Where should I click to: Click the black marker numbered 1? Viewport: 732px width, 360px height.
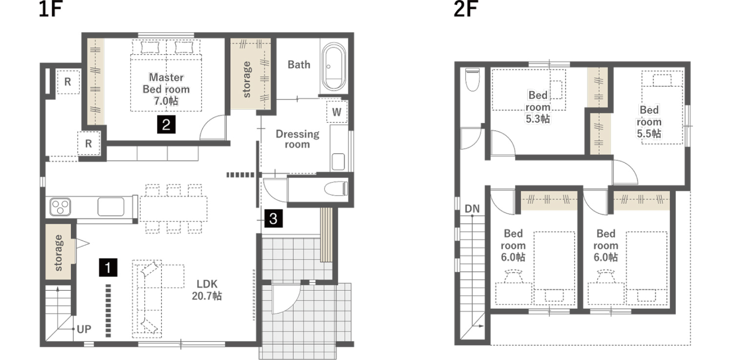pos(108,267)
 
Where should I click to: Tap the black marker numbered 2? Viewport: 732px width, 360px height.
pos(166,124)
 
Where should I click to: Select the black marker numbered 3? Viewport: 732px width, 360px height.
pos(273,219)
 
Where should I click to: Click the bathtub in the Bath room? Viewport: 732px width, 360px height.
pos(333,67)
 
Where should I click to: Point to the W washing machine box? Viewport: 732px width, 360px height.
pos(337,112)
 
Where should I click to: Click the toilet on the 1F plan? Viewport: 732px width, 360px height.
pos(336,188)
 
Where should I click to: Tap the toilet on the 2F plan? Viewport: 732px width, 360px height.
pos(472,80)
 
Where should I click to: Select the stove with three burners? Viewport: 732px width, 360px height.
pos(60,207)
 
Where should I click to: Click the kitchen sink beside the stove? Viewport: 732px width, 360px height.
pos(111,207)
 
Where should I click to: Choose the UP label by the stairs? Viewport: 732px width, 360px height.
pos(84,329)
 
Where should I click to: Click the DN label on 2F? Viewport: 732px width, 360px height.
pos(472,209)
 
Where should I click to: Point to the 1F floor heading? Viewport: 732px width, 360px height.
pos(50,9)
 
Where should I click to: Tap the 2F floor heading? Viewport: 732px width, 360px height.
pos(466,9)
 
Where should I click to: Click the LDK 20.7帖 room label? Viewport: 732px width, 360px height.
pos(207,290)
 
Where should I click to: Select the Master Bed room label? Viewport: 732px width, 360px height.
pos(166,89)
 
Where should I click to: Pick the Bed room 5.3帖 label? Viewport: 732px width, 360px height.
pos(538,107)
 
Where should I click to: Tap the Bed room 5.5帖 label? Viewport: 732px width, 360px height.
pos(649,121)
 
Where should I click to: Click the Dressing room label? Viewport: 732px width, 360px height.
pos(297,139)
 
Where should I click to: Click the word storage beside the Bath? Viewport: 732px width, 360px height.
pos(247,80)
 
